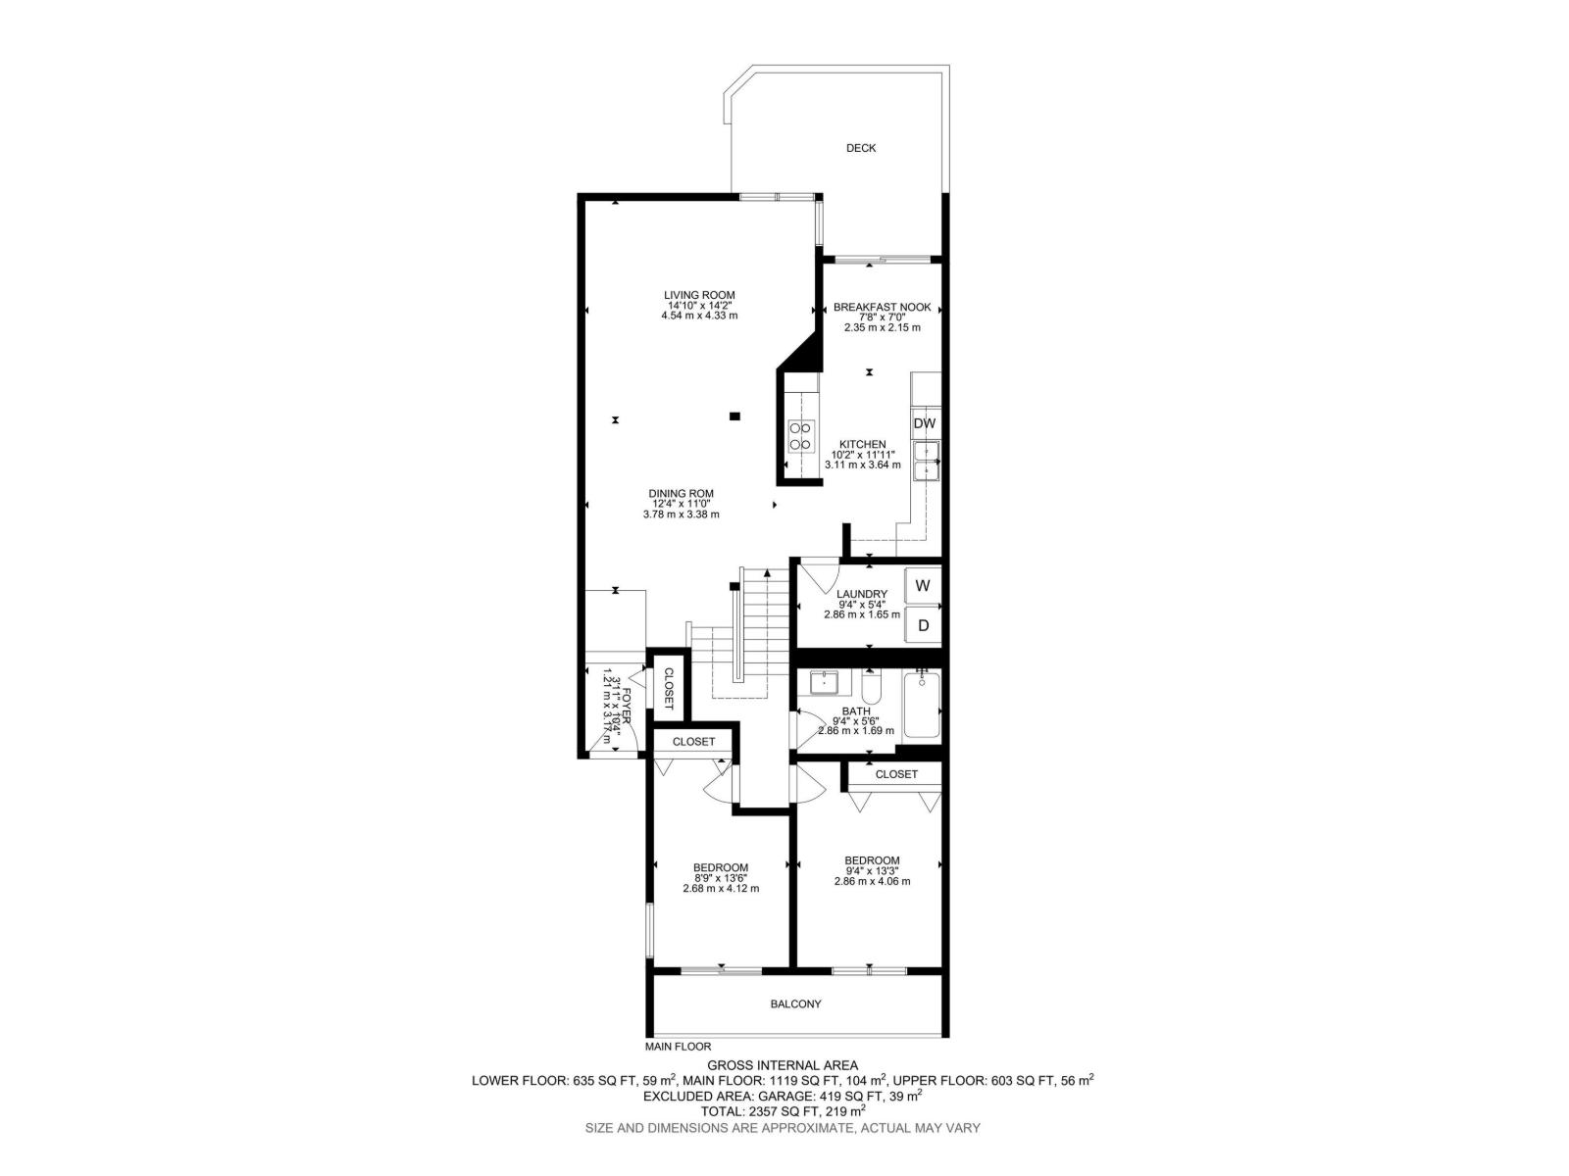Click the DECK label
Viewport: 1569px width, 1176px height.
point(861,148)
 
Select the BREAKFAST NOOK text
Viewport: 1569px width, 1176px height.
point(882,307)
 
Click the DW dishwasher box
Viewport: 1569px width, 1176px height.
point(925,422)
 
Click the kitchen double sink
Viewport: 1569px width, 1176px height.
point(927,462)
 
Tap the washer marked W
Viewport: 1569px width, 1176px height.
point(923,585)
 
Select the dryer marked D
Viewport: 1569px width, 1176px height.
point(923,625)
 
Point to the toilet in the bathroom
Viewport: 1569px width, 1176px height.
point(872,687)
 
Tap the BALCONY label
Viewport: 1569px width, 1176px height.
point(795,1004)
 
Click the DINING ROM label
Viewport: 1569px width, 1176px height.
point(681,493)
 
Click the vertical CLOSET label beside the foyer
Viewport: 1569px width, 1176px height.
point(669,688)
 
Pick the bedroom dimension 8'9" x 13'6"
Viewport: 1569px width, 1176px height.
point(721,878)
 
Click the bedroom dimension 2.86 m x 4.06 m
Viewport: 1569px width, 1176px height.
point(872,881)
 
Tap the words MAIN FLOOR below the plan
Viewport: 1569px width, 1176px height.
point(678,1047)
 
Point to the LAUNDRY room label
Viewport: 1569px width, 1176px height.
point(861,594)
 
